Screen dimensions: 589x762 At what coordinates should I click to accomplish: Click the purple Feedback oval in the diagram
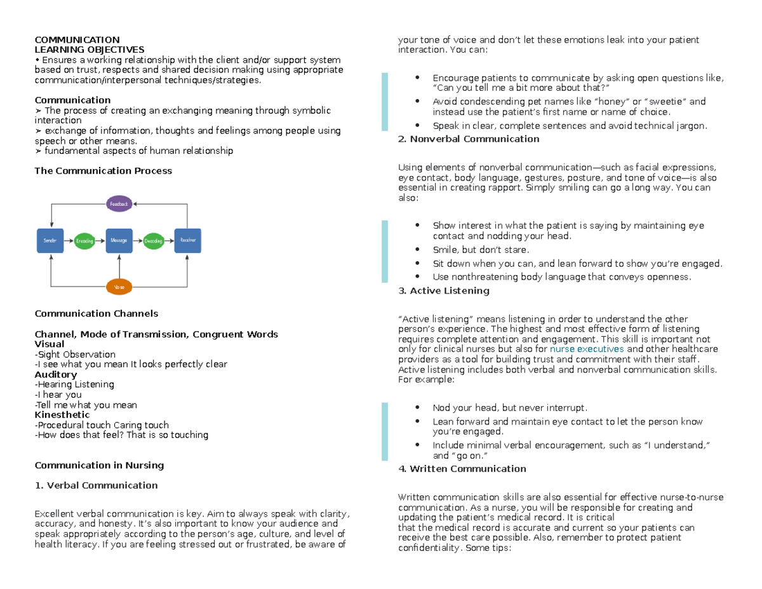click(119, 204)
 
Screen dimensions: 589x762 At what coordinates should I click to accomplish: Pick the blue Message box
click(119, 241)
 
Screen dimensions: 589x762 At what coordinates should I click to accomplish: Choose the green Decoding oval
click(154, 241)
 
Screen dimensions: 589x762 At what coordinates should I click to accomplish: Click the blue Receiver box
click(188, 241)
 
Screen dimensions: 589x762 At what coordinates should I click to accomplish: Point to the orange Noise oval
click(119, 287)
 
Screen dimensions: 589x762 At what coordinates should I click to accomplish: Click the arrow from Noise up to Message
click(119, 266)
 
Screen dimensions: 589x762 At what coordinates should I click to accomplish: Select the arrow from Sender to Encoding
click(68, 241)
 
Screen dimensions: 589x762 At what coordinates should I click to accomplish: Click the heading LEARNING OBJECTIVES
click(89, 49)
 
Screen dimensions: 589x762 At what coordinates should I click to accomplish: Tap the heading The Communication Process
click(103, 171)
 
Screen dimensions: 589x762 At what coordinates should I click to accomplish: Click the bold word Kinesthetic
click(62, 415)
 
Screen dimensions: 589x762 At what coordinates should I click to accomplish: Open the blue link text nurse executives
click(587, 349)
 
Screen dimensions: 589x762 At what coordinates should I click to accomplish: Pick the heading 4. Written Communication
click(462, 469)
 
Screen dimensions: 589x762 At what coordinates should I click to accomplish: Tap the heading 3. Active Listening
click(443, 290)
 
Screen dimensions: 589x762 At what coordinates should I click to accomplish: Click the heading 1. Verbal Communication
click(96, 485)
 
